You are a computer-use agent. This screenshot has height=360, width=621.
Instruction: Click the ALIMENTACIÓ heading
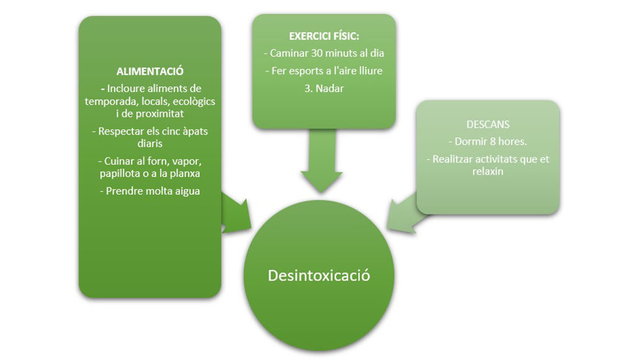150,71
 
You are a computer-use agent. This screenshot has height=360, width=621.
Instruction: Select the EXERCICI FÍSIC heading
324,36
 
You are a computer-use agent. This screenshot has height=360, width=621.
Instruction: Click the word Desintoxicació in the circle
319,275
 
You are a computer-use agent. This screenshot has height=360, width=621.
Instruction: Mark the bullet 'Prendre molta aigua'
150,191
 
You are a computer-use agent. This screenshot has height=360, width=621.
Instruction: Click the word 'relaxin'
487,171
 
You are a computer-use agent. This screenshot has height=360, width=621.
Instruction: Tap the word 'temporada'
109,101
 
